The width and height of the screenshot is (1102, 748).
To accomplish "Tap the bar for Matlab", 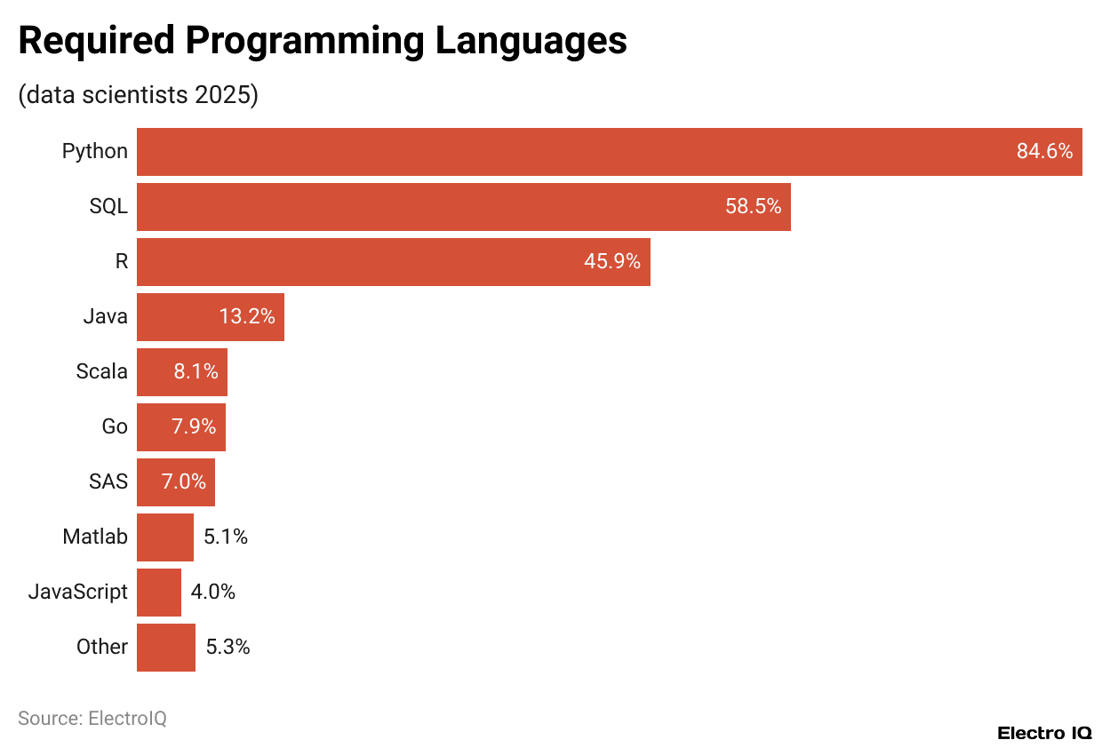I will point(164,537).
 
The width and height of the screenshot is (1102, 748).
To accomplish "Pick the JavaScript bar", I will point(158,593).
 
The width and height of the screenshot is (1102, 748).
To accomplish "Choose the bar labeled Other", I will point(165,648).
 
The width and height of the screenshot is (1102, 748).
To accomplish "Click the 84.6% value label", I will point(1044,152).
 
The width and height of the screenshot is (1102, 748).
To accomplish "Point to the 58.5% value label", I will point(753,207).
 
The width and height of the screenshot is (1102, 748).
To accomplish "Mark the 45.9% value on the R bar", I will point(612,262).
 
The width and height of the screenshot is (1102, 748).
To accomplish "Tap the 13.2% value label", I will point(247,317).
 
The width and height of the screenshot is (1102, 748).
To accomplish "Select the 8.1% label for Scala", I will point(196,372).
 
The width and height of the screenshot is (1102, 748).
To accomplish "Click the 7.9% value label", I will point(194,427).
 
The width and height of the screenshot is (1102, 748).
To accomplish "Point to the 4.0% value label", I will point(213,593).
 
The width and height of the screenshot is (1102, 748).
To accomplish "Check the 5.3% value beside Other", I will point(228,648).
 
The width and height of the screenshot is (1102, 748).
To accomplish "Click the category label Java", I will point(105,317).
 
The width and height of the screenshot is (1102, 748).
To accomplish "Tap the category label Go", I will point(115,427).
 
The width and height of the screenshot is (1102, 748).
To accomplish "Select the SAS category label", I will point(108,482).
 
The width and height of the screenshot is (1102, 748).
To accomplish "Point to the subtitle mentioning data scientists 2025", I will point(138,95).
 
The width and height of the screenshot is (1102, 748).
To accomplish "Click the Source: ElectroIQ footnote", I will point(92,719).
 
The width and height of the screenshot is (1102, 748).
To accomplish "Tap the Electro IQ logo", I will point(1044,733).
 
